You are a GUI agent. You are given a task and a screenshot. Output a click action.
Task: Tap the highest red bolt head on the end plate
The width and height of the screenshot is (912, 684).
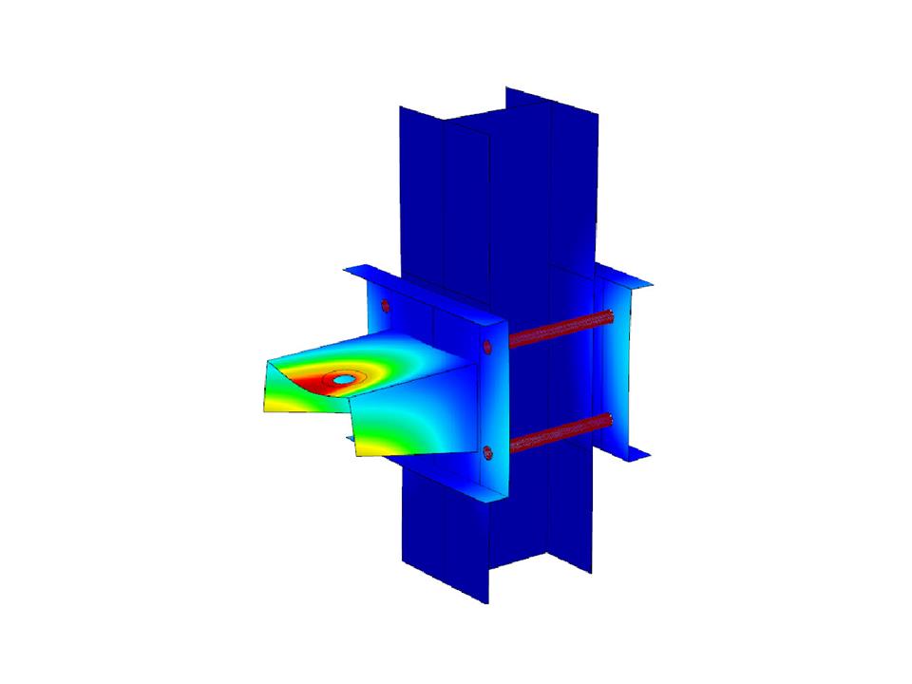[385, 306]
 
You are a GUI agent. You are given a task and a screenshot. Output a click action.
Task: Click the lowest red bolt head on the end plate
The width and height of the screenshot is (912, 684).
[487, 452]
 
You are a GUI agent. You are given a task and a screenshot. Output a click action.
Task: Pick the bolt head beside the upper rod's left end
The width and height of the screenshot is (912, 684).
[486, 347]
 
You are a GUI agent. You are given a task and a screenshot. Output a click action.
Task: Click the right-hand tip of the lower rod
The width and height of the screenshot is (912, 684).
[607, 421]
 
